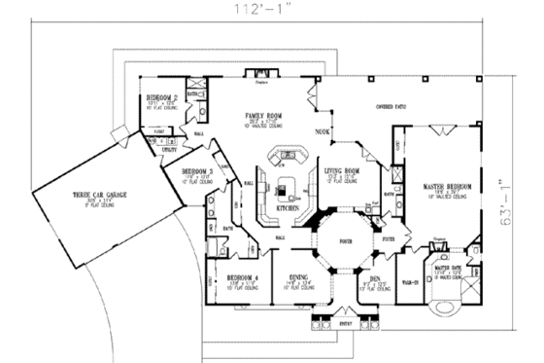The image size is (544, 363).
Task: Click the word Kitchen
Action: coord(286,209)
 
